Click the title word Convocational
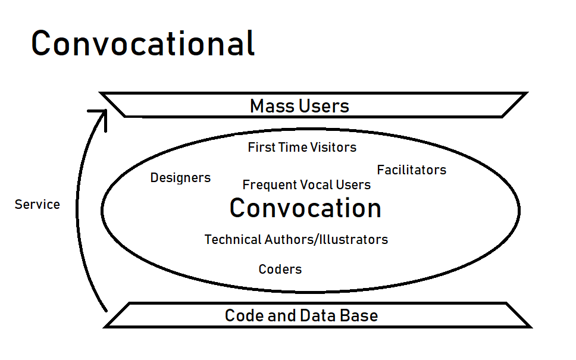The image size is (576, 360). tap(143, 43)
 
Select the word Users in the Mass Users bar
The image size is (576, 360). tap(324, 106)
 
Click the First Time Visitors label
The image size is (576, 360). tap(302, 148)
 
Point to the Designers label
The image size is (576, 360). tap(180, 178)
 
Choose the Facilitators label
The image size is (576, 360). tap(411, 170)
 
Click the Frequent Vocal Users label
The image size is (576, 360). tap(306, 185)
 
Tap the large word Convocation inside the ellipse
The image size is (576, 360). tap(305, 208)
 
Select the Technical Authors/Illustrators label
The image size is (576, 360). tap(296, 240)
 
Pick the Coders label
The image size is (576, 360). tap(280, 270)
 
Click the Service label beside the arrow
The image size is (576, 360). tap(37, 205)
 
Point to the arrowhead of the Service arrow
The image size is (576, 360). tap(106, 110)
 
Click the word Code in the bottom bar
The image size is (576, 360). tap(245, 315)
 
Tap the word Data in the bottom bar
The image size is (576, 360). tap(318, 315)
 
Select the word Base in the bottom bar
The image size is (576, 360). tap(359, 315)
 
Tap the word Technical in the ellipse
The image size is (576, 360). tap(233, 240)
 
